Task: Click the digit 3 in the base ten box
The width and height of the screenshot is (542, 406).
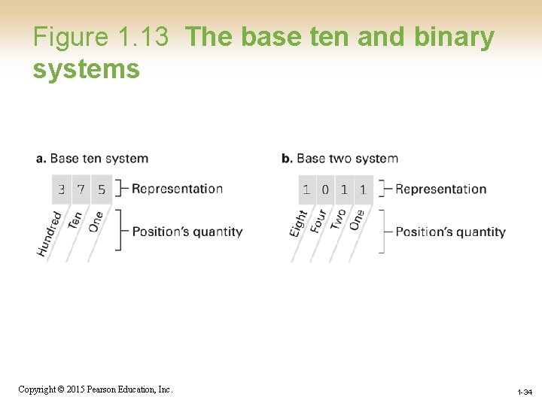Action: tap(62, 189)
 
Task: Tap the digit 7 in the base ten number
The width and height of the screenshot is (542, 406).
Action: tap(81, 189)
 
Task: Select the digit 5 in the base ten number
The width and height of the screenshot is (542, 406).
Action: tap(102, 189)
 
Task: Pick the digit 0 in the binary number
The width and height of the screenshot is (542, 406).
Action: tap(325, 189)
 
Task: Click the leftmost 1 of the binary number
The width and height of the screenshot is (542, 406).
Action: tap(306, 189)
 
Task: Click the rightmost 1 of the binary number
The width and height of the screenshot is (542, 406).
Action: tap(363, 189)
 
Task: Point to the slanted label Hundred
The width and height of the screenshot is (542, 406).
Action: tap(50, 234)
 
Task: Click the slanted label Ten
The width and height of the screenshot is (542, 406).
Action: tap(75, 220)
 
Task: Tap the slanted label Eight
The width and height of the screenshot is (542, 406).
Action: tap(299, 223)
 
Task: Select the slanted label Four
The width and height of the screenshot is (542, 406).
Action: tap(319, 220)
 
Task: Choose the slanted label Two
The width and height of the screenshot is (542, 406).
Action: tap(339, 220)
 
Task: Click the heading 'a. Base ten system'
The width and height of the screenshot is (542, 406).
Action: tap(92, 159)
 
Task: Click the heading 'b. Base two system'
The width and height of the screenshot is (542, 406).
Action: tap(340, 159)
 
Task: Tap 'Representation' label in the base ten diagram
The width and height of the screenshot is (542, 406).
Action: tap(177, 189)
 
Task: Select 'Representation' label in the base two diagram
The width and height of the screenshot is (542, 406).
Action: tap(441, 189)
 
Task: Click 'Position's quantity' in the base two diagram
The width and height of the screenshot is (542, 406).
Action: tap(450, 232)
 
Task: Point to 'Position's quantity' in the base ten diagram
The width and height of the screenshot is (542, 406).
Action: tap(187, 232)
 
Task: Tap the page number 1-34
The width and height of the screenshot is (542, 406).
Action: tap(524, 392)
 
